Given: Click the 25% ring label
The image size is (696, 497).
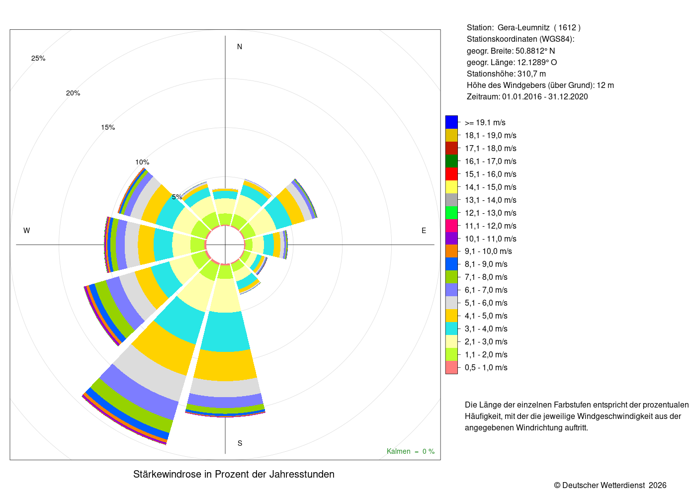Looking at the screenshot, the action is [38, 59].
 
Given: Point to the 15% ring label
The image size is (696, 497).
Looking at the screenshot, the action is [108, 127].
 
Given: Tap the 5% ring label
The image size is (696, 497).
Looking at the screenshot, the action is [177, 197].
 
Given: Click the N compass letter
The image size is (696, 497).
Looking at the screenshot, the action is [240, 47].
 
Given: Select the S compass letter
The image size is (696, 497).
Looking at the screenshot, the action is [240, 443].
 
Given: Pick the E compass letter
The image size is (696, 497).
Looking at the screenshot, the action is [424, 231].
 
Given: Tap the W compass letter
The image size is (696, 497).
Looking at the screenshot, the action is [27, 231].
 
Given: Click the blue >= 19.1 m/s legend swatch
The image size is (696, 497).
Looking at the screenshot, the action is [451, 122].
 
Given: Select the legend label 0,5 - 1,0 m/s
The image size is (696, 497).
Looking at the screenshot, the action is [486, 367].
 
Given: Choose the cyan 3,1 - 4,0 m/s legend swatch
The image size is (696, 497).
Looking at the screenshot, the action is [451, 329].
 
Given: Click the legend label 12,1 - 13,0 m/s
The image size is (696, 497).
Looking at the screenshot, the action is [490, 213].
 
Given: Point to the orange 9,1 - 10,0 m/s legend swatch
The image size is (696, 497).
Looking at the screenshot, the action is [451, 251].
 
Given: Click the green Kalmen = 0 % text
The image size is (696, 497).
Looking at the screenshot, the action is [411, 451].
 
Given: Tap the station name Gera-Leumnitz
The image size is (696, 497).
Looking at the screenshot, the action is [523, 28].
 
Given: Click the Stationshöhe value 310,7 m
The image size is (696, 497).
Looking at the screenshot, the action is [531, 74].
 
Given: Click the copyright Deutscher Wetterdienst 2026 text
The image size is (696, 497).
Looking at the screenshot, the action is [610, 485].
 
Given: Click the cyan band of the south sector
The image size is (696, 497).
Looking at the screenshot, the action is [225, 331].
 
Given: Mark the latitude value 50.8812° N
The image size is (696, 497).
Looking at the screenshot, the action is [535, 51].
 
